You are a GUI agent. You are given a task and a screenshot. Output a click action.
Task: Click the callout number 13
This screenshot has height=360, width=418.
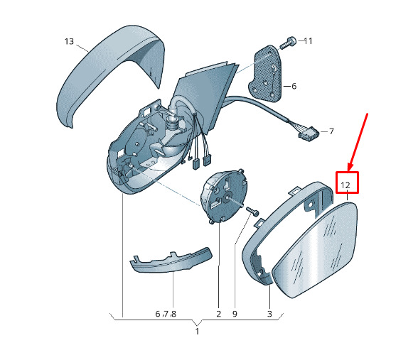coord(69,41)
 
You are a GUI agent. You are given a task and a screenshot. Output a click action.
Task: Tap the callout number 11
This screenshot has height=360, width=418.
coord(308,41)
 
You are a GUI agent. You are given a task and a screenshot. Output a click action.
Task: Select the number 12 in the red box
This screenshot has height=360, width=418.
coord(345,185)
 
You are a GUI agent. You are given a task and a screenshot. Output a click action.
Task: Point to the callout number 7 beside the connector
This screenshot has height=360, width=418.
coord(331,131)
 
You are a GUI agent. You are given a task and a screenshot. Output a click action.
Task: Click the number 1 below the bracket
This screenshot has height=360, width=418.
coord(197,332)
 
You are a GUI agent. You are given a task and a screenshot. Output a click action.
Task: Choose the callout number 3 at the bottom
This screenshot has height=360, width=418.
coord(269,314)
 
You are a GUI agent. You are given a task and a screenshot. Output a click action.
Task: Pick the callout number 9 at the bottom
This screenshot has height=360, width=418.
coord(235,314)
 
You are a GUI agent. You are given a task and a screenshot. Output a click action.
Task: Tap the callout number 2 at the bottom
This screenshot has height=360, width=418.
coord(219,314)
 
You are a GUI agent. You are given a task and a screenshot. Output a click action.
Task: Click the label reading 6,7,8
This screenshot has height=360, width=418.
coord(166,314)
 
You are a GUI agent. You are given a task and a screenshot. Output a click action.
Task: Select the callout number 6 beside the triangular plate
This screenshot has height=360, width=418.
coord(294,87)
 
